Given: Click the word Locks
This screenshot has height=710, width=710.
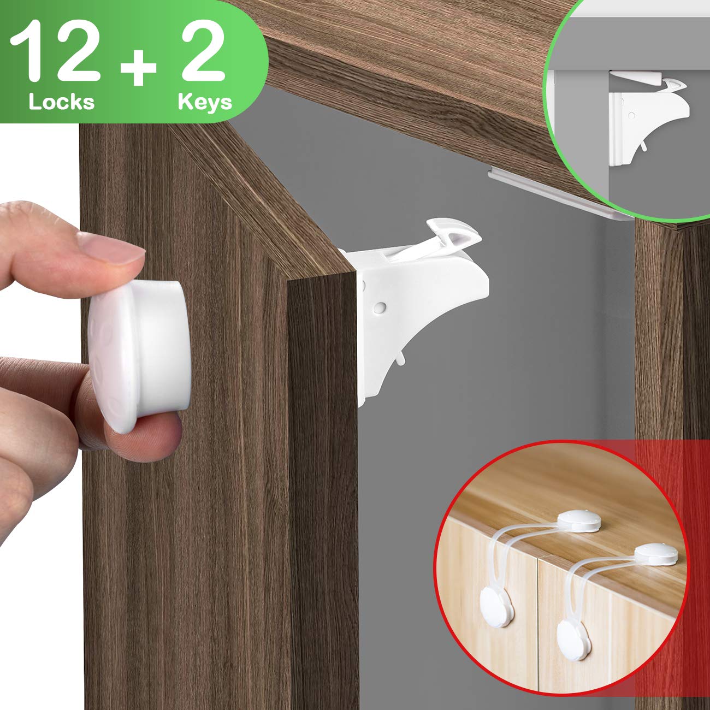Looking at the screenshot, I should click(x=62, y=102).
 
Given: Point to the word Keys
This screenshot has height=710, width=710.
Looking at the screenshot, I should click(x=205, y=102).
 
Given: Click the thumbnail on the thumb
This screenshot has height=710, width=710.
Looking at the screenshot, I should click(x=109, y=248).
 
